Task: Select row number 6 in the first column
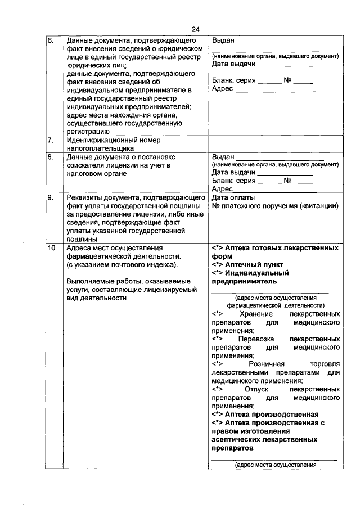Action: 51,41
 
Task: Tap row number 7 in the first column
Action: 50,139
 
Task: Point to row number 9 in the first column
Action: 51,197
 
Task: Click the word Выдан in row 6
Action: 223,41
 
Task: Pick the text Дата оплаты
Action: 233,197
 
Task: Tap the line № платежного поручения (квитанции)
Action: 275,206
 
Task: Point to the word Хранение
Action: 256,313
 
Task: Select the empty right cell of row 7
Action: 275,143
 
